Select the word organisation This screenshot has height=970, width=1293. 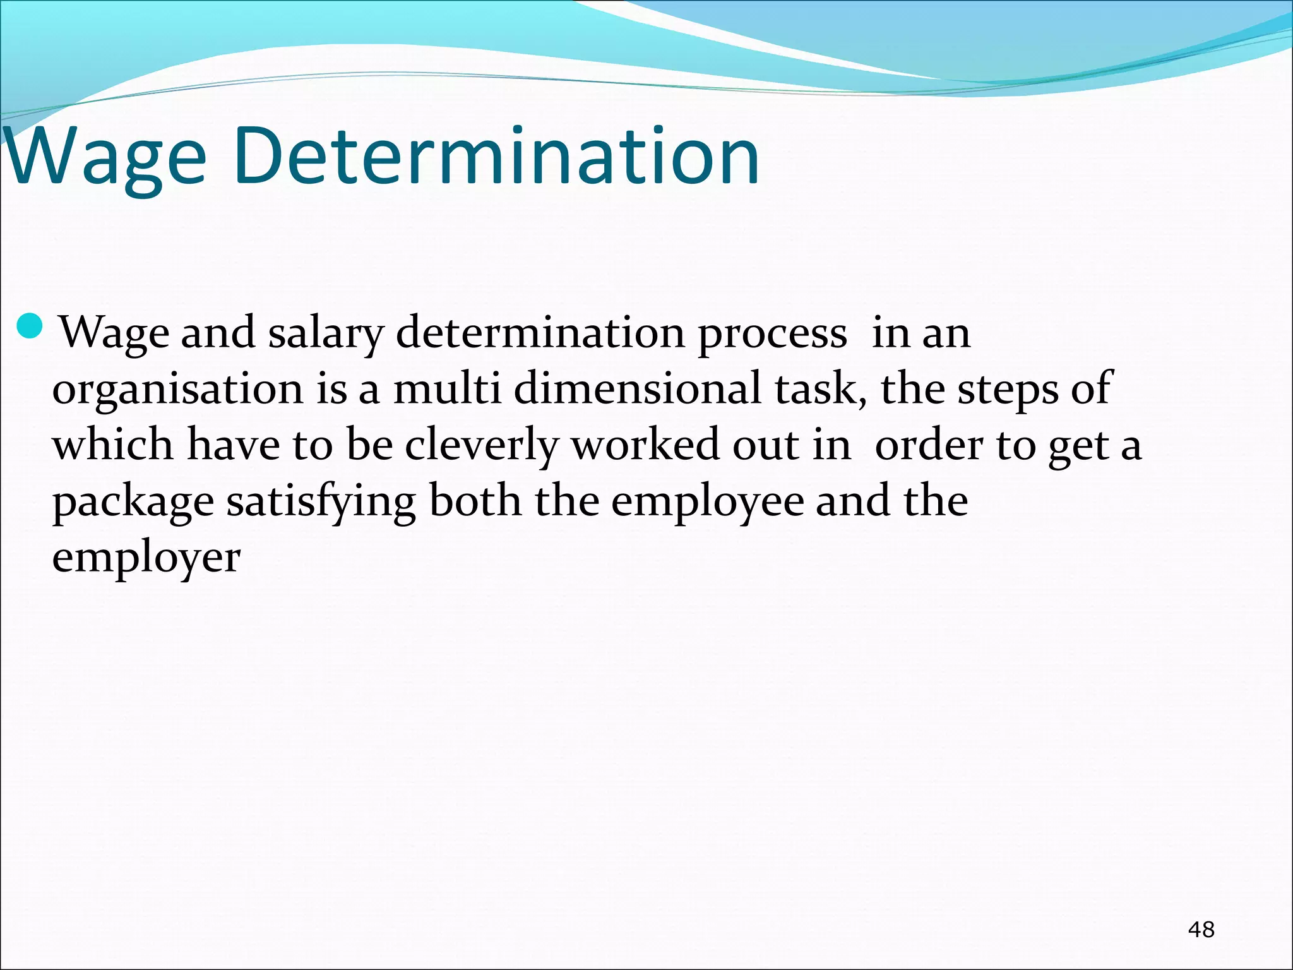tap(177, 390)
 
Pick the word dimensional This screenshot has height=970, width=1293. tap(637, 389)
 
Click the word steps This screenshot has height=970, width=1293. tap(1007, 390)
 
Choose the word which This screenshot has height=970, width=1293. tap(112, 445)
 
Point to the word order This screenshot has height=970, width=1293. tap(929, 445)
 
